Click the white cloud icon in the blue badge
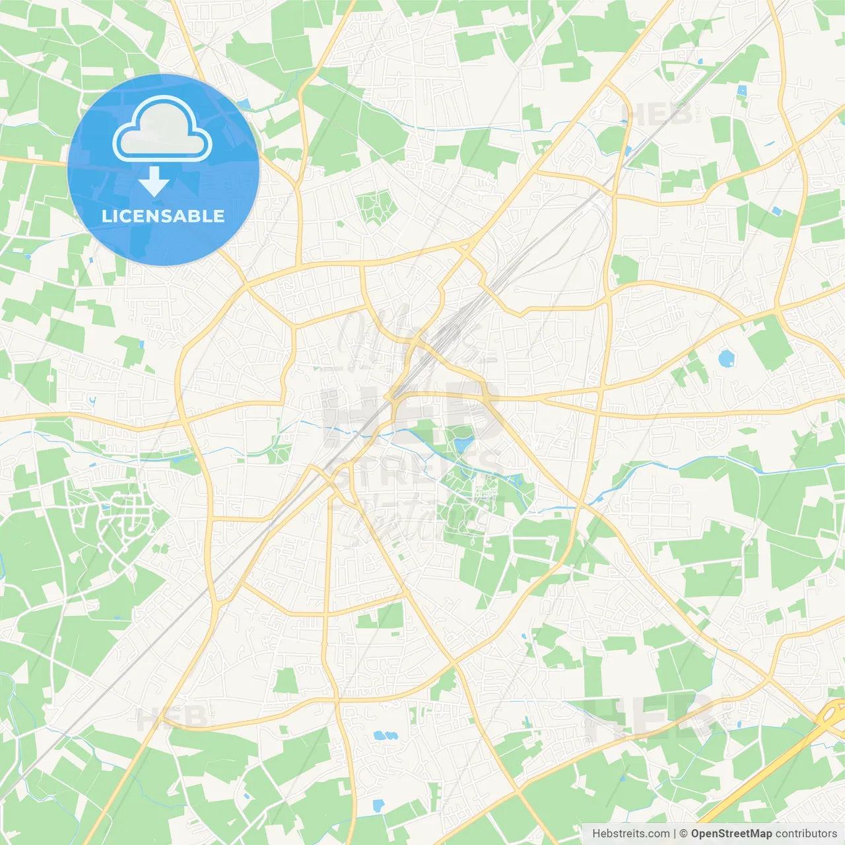(x=162, y=129)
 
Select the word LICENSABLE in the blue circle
(x=162, y=216)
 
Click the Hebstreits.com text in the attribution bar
(x=630, y=834)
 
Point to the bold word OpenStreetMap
(x=731, y=834)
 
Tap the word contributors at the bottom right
(x=806, y=834)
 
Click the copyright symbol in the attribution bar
(x=683, y=834)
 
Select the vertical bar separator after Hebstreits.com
(x=675, y=834)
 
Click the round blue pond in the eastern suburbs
(x=726, y=358)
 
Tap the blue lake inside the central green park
(x=462, y=444)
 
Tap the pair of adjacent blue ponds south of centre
(x=386, y=735)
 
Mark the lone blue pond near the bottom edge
(x=378, y=805)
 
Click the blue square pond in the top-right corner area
(x=741, y=90)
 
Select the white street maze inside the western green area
(x=119, y=515)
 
